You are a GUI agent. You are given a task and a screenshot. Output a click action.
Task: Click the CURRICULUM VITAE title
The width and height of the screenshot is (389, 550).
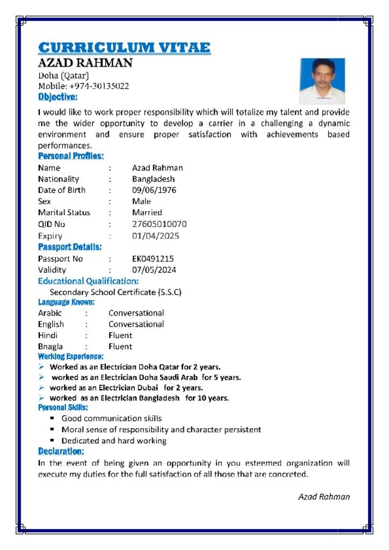[x=124, y=47]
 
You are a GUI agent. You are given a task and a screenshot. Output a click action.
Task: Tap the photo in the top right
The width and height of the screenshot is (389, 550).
[x=322, y=81]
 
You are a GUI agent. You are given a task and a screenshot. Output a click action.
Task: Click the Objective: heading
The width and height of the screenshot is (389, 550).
[x=57, y=97]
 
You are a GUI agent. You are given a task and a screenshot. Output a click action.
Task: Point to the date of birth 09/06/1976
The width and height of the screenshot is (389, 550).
[x=154, y=190]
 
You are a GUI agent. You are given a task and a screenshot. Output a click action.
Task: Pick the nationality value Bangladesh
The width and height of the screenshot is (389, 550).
[x=153, y=179]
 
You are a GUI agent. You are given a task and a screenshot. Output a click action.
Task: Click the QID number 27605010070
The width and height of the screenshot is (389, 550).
[x=160, y=224]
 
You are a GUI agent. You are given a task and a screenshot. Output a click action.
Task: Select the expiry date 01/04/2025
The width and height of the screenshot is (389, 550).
[x=156, y=236]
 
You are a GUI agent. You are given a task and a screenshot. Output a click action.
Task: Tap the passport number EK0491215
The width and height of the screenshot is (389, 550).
[x=153, y=258]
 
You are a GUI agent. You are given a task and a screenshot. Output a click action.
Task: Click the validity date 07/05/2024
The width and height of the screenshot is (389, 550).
[x=154, y=270]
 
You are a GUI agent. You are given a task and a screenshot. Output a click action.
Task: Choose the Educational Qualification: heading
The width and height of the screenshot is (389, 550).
[x=88, y=281]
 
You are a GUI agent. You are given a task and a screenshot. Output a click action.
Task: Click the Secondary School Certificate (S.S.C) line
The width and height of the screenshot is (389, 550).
[x=116, y=292]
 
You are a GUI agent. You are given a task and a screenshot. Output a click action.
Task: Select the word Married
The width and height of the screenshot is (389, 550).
[x=147, y=213]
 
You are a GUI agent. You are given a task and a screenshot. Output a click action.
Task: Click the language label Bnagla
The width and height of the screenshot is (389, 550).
[x=50, y=346]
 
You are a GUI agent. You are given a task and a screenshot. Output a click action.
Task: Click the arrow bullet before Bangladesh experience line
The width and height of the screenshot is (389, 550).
[x=41, y=398]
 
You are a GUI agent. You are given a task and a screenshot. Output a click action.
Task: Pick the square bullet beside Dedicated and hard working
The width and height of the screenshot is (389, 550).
[x=53, y=440]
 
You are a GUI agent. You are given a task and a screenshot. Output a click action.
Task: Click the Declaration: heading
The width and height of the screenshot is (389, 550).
[x=61, y=451]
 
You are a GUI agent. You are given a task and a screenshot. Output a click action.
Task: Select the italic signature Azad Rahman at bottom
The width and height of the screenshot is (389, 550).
[x=324, y=497]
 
